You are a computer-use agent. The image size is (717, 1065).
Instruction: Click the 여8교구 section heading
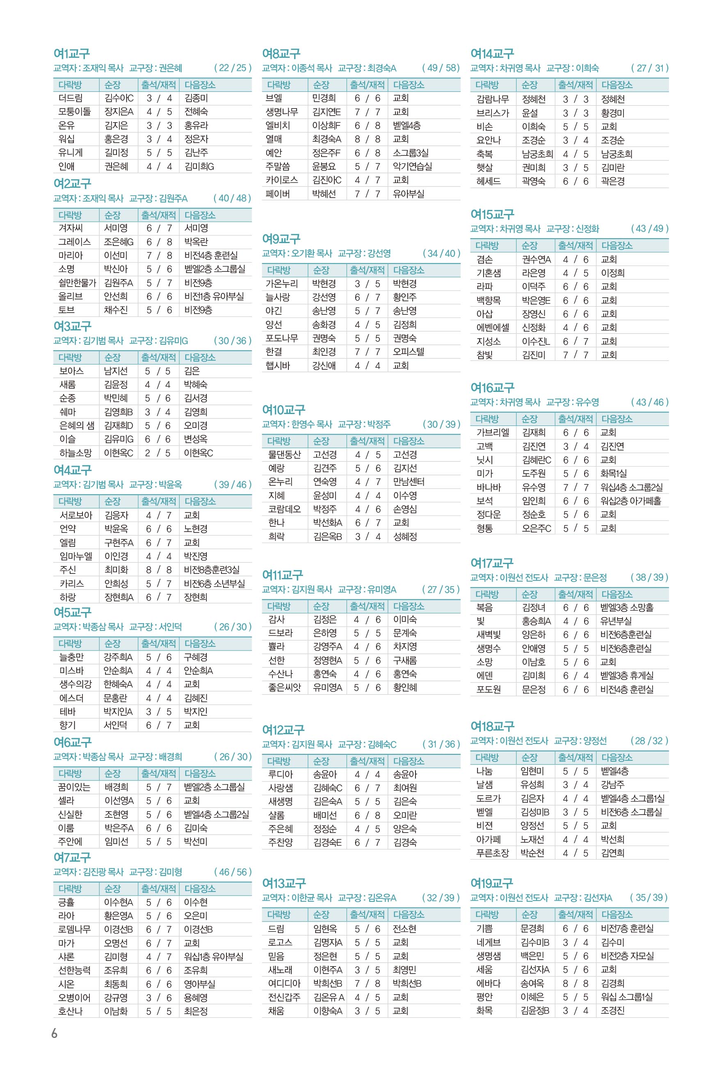tap(281, 53)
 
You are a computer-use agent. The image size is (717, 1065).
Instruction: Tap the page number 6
tap(55, 1033)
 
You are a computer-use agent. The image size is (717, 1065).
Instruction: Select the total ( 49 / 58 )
tap(441, 68)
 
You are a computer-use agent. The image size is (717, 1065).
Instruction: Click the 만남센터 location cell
tap(409, 482)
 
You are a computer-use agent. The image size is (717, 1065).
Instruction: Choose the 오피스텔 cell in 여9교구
tap(409, 352)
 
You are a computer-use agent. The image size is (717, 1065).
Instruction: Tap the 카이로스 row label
tap(282, 180)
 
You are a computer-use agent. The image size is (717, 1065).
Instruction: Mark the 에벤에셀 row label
tap(493, 328)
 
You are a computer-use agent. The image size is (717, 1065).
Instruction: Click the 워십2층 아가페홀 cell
tap(630, 501)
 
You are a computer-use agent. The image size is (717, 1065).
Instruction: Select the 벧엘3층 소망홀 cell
tap(626, 608)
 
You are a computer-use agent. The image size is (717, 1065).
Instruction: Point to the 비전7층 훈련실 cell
tap(627, 928)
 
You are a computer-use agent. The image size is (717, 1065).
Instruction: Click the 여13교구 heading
tap(283, 883)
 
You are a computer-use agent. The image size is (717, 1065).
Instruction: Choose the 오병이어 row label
tap(74, 997)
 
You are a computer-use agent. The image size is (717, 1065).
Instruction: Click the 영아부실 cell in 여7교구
tap(199, 984)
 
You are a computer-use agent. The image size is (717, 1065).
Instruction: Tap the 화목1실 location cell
tap(613, 473)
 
